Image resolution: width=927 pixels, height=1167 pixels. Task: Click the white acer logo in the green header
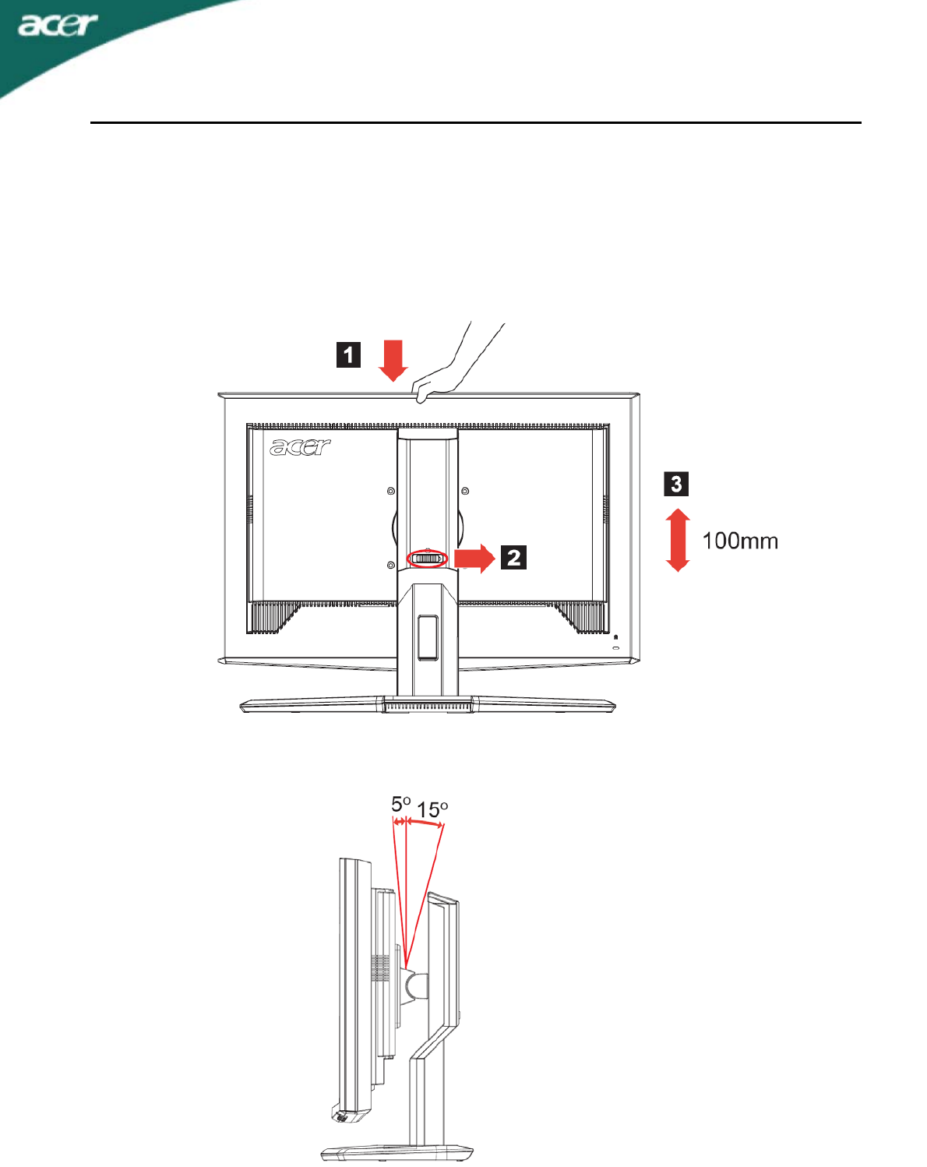tap(58, 25)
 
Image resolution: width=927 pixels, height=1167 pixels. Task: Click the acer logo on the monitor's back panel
tap(300, 447)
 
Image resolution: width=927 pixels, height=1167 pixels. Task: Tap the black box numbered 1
tap(348, 354)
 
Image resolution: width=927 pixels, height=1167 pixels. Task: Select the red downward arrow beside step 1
tap(394, 360)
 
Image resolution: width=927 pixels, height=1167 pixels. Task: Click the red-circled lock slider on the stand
tap(427, 559)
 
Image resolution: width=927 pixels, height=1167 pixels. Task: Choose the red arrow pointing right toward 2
tap(474, 558)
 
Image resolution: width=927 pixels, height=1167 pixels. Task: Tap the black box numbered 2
tap(513, 558)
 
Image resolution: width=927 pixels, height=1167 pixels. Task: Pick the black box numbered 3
tap(676, 484)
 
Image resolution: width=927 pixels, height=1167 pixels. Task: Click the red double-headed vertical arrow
tap(679, 540)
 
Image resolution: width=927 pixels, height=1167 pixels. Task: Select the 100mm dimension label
tap(740, 541)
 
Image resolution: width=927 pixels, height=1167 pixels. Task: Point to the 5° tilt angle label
tap(400, 803)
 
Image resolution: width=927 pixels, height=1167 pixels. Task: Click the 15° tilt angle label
tap(432, 810)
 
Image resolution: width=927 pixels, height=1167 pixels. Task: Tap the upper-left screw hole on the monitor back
tap(391, 491)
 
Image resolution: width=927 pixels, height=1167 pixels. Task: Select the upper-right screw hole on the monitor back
tap(465, 491)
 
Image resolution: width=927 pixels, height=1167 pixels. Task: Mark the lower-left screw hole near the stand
tap(391, 565)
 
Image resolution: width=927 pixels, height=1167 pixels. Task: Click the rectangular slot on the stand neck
tap(427, 637)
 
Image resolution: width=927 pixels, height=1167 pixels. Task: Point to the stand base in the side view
tap(397, 1151)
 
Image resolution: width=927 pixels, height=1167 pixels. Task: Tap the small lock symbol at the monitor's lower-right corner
tap(615, 638)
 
